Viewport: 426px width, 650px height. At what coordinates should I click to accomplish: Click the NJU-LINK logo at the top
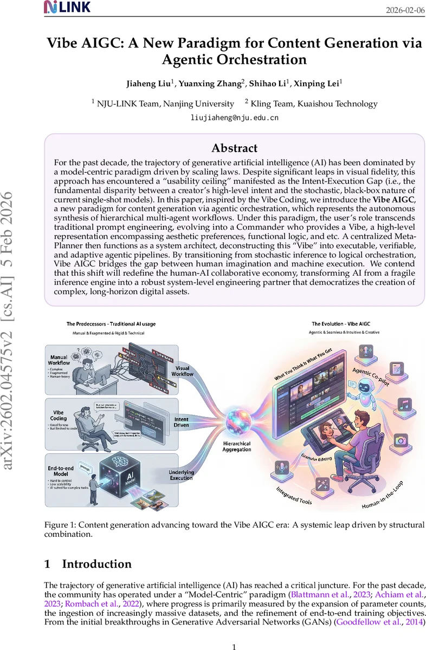pos(67,7)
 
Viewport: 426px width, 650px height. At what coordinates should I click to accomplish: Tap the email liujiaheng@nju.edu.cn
pos(234,117)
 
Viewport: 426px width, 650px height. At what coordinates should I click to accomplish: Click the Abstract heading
pos(234,148)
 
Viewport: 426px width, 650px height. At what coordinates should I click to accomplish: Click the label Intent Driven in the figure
pos(182,422)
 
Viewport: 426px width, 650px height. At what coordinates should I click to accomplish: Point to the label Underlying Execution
pos(181,475)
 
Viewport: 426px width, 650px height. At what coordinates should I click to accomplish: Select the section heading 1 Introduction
pos(87,564)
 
